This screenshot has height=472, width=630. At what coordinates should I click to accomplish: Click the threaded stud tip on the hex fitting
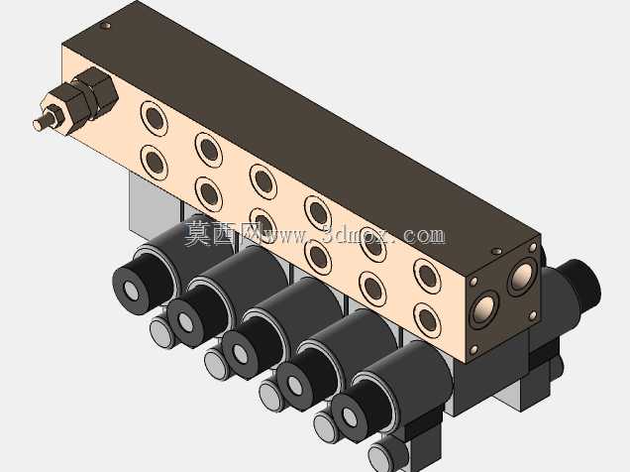click(40, 123)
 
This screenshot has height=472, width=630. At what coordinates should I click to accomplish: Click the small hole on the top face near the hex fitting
click(106, 26)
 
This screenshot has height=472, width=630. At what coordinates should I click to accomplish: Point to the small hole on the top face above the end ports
click(497, 251)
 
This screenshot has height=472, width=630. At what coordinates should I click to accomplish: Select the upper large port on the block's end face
click(523, 277)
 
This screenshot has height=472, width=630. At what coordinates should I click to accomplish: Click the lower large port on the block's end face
click(484, 309)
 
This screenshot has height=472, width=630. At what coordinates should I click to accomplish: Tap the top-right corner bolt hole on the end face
click(534, 247)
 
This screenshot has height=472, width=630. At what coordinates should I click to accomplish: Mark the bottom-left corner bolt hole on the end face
click(474, 350)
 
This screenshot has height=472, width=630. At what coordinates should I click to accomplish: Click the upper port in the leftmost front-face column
click(155, 118)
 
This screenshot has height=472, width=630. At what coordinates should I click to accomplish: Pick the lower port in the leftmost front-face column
click(155, 163)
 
